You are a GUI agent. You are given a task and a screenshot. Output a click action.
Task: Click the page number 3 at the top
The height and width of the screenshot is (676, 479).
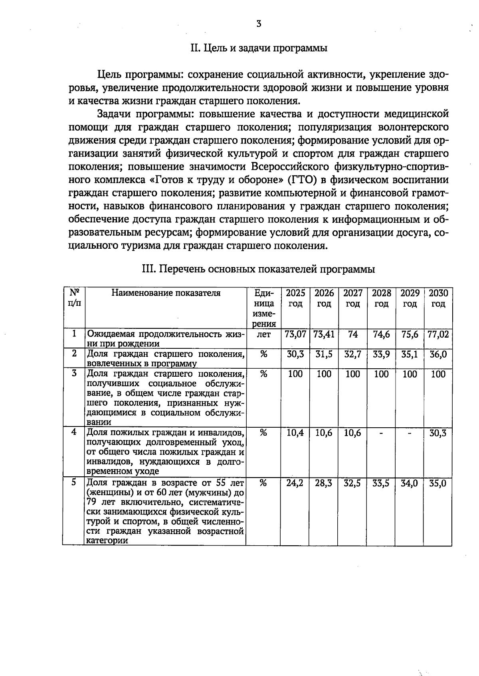point(259,24)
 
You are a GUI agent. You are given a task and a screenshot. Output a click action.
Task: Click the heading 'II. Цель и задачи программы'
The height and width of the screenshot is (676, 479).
point(259,49)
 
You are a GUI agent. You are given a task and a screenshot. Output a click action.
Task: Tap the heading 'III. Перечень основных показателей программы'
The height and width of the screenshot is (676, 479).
point(259,269)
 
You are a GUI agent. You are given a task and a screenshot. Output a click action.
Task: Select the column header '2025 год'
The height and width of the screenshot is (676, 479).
point(295,299)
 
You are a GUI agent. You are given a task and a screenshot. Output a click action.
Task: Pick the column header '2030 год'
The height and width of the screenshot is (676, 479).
point(438,299)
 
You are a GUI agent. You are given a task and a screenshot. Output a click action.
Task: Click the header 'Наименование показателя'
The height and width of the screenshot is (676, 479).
point(166,293)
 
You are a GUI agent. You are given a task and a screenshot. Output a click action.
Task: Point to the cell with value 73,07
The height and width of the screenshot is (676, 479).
point(295,334)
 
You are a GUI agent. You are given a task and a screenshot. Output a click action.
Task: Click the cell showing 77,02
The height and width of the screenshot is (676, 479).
point(438,334)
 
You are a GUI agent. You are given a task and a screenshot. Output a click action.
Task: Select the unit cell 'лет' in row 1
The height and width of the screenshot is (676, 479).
point(263,334)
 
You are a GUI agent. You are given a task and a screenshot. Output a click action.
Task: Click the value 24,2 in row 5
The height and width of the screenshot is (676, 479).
point(295,483)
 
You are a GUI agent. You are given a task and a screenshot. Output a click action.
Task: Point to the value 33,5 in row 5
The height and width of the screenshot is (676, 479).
point(381,483)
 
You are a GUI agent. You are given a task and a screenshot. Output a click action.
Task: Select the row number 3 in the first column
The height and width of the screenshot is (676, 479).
point(74,373)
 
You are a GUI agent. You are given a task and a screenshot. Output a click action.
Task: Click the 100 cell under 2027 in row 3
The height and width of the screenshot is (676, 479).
point(352,374)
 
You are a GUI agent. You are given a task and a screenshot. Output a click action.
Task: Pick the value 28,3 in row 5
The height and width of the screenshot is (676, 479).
point(324,483)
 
